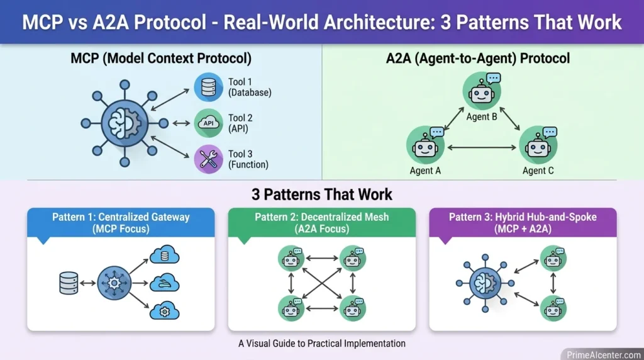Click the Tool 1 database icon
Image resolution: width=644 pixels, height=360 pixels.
208,87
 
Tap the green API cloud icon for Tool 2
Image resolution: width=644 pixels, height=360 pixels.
208,123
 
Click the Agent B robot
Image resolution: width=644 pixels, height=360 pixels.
482,92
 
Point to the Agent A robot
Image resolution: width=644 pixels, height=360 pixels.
426,145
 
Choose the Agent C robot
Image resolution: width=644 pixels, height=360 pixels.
538,145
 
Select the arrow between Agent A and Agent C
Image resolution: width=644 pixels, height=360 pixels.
482,148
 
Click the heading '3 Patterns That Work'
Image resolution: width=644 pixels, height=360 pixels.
321,194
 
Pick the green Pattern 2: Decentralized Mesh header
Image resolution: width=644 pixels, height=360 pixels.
321,223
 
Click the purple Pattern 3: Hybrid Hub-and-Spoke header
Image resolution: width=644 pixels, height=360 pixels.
523,223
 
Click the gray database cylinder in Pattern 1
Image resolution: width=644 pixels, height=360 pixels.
68,283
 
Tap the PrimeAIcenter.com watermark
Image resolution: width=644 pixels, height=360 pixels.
600,354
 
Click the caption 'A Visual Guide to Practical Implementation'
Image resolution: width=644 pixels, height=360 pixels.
321,344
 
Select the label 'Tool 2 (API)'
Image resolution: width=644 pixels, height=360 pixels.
240,123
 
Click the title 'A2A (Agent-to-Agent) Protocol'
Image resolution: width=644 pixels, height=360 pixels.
478,59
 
